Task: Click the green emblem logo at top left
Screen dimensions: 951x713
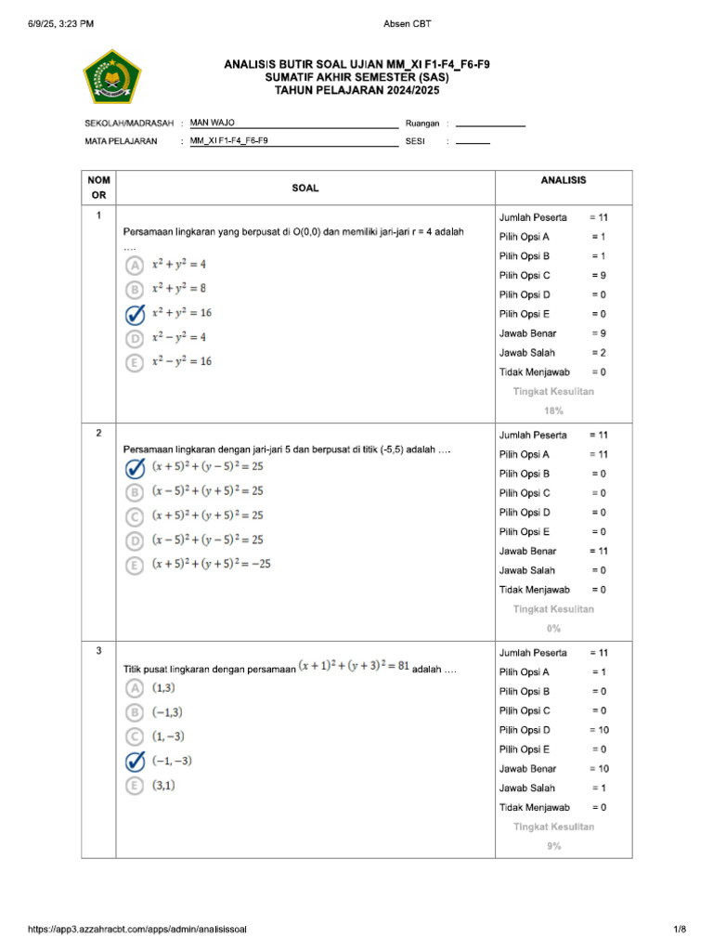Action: click(x=112, y=76)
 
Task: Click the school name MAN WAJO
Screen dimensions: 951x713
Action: click(x=213, y=123)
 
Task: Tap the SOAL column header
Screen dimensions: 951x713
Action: click(x=305, y=188)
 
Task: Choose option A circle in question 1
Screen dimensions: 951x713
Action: click(x=136, y=265)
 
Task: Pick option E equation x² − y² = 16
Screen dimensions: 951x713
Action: click(x=182, y=361)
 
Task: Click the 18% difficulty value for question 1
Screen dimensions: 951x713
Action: click(x=553, y=410)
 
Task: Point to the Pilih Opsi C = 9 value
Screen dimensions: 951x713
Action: click(x=599, y=275)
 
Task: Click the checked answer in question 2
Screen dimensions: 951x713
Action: click(x=136, y=467)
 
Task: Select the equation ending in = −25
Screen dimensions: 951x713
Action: click(x=212, y=564)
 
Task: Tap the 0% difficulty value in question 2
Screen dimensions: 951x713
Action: click(x=553, y=629)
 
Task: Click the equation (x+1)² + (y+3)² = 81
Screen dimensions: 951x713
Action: click(x=354, y=668)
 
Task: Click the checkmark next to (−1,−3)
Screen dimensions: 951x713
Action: click(x=136, y=762)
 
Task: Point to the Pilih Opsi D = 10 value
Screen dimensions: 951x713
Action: click(x=599, y=730)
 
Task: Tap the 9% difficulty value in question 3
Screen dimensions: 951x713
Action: click(x=553, y=846)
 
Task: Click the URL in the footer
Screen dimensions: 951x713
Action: click(x=136, y=929)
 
